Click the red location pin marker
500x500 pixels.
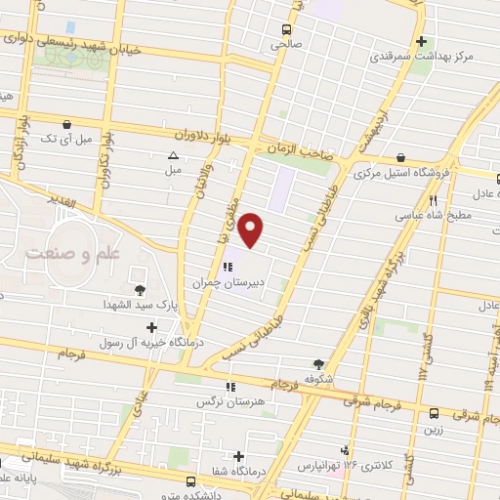[x=252, y=229]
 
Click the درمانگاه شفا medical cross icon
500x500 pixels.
[x=239, y=455]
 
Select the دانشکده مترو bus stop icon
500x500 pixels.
[x=190, y=480]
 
